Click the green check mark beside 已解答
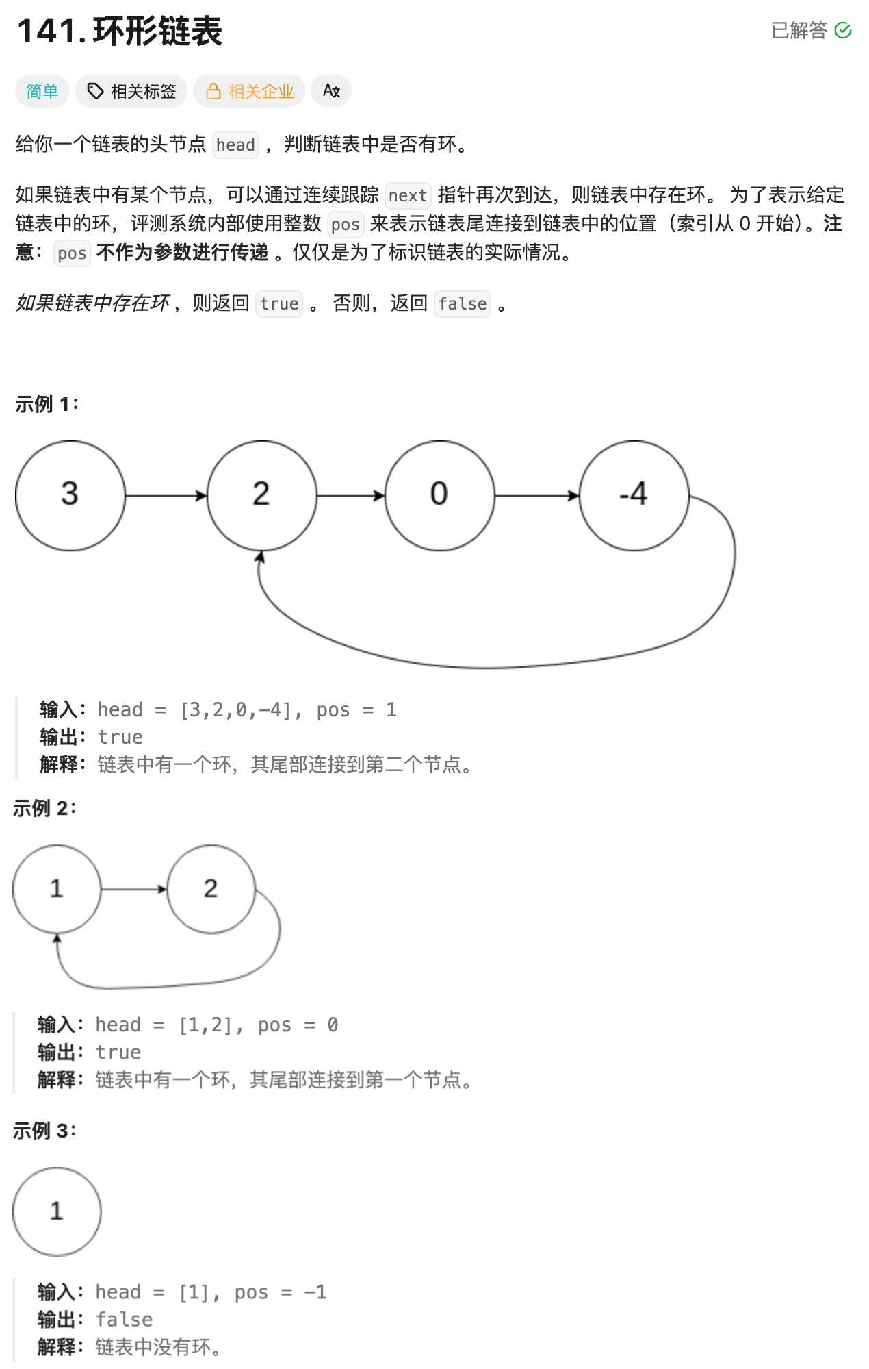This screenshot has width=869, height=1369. [843, 30]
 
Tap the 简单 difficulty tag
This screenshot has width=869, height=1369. [42, 91]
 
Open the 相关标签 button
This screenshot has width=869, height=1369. [131, 91]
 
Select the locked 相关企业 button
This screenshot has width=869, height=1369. [249, 91]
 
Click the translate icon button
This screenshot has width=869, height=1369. [331, 90]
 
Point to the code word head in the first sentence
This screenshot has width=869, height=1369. [235, 145]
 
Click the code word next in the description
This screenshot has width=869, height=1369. [408, 196]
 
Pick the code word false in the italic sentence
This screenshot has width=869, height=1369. [463, 304]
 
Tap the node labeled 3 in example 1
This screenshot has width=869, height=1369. [70, 495]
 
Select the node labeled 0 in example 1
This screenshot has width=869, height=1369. [439, 495]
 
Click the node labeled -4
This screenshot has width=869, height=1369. [634, 495]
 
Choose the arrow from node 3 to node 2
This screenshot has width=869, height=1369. [166, 495]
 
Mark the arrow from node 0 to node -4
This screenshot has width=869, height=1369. [536, 495]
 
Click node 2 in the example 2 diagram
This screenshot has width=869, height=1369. [211, 889]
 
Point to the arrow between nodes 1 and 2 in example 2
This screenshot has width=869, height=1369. [134, 889]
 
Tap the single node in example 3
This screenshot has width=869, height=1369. [57, 1211]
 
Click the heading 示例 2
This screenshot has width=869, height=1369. [44, 809]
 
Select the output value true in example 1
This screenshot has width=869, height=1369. [120, 738]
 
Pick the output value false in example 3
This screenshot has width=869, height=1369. [124, 1320]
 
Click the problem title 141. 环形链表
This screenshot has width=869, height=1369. [120, 32]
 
